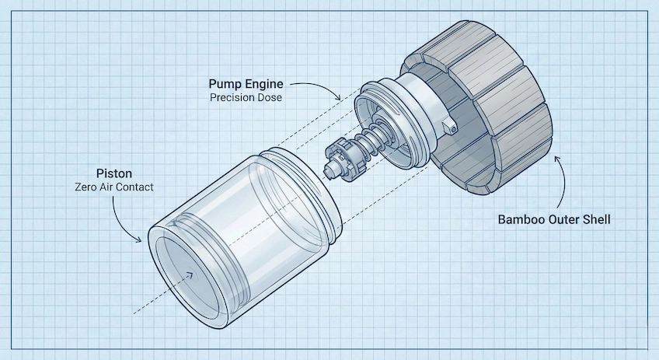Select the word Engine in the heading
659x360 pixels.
click(x=266, y=83)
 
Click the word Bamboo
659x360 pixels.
click(x=524, y=219)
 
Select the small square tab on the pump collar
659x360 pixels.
click(x=449, y=125)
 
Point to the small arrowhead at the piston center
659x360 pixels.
click(x=189, y=274)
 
